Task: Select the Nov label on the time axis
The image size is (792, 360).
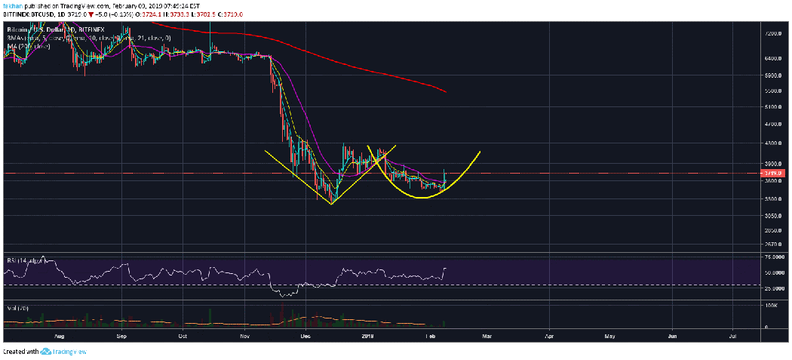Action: pos(244,334)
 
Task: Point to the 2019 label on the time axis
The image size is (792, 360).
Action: pos(368,334)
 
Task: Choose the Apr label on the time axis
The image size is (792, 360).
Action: pos(549,334)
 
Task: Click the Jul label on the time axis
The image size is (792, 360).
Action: pos(733,334)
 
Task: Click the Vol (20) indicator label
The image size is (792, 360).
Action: pos(15,308)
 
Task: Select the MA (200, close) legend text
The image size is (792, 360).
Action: pos(29,46)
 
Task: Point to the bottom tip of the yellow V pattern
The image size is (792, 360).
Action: pos(331,204)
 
